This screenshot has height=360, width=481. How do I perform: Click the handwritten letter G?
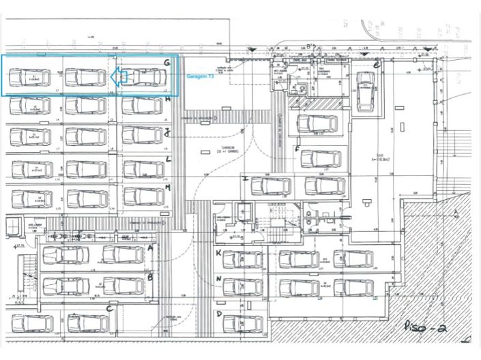coord(166,63)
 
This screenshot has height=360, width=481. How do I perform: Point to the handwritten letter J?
coord(167,134)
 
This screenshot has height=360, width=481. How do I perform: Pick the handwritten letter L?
coord(168,159)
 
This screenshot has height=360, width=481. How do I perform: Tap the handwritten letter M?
coord(168,186)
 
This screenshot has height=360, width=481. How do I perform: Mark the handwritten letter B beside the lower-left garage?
coord(149,277)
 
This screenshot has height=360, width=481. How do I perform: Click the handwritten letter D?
coord(219,314)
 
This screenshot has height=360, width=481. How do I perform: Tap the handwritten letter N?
coord(218,280)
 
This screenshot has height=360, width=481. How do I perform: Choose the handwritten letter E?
coord(377,65)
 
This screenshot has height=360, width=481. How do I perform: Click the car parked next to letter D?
coord(242,322)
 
